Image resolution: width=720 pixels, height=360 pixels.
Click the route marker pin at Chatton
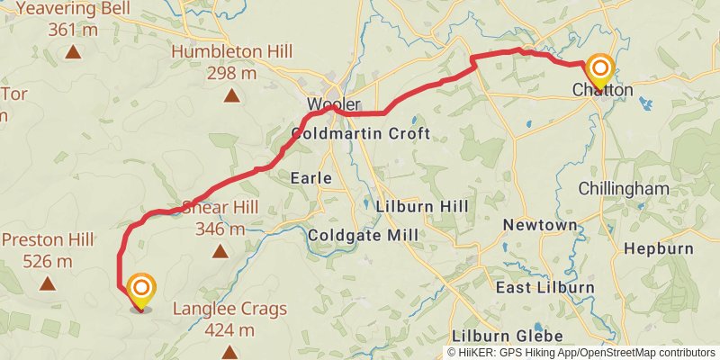pyautogui.click(x=600, y=69)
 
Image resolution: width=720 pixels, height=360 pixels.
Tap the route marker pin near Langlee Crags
pyautogui.click(x=141, y=290)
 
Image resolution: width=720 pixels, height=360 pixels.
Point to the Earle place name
pyautogui.click(x=311, y=179)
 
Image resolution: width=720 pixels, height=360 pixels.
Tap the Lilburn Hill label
pyautogui.click(x=423, y=207)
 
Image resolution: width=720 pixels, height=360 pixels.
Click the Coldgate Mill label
pyautogui.click(x=363, y=235)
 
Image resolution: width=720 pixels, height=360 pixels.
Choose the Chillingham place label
pyautogui.click(x=624, y=189)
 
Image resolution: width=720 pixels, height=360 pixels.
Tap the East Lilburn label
pyautogui.click(x=545, y=287)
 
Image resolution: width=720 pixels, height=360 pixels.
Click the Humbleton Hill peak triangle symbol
pyautogui.click(x=231, y=95)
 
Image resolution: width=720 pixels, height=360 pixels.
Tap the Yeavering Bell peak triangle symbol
pyautogui.click(x=73, y=52)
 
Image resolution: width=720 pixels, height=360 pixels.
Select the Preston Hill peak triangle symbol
pyautogui.click(x=48, y=284)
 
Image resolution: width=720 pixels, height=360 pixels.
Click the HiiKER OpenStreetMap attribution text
pyautogui.click(x=581, y=352)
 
